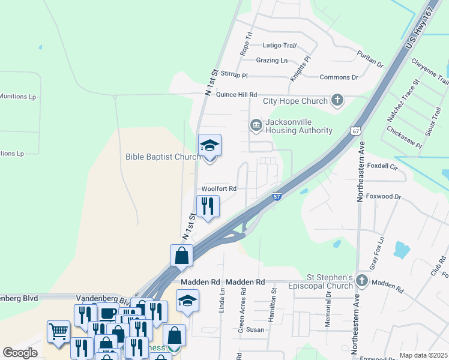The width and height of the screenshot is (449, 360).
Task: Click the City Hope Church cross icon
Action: (337, 101)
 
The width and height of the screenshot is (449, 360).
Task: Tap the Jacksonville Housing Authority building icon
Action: (256, 125)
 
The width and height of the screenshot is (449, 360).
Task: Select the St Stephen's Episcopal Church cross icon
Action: (361, 280)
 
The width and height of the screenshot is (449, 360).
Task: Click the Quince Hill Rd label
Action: (237, 95)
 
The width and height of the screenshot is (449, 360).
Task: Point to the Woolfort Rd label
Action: (219, 188)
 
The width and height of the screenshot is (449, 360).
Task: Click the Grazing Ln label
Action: (272, 61)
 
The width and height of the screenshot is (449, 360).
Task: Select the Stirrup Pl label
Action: (234, 75)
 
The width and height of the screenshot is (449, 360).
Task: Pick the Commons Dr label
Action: (339, 77)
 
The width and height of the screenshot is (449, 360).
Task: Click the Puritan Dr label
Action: (370, 58)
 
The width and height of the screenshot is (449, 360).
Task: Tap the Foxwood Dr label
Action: (384, 196)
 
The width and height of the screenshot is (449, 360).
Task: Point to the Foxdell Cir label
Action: (382, 166)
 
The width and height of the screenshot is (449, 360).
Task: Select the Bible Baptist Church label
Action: (163, 157)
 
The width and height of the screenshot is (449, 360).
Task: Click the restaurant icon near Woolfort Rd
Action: (208, 206)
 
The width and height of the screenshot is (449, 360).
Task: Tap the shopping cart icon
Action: (58, 331)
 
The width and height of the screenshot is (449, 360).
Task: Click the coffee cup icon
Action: (107, 313)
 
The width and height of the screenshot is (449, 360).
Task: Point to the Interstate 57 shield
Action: (277, 196)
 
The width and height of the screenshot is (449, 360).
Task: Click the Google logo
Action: (20, 353)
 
